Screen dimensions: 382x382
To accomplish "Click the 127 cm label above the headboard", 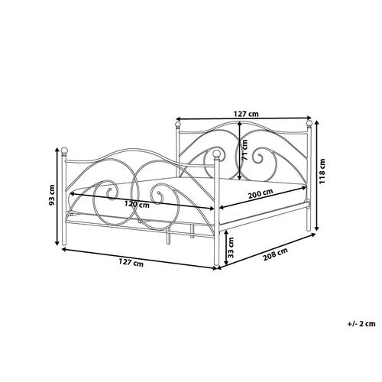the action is coord(246,114).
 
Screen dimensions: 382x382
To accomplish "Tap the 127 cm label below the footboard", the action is coord(131,263).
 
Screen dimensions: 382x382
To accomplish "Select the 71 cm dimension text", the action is coord(244,151).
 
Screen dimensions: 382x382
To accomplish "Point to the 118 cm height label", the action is coord(322,171).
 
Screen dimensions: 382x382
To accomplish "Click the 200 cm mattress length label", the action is coord(261,194).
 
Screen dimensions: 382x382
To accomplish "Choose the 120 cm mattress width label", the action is coord(137,204).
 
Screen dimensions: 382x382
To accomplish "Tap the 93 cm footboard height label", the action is coord(52,195).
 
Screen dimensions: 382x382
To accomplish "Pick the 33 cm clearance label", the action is coord(231,248).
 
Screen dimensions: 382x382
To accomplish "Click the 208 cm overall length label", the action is coord(275,254).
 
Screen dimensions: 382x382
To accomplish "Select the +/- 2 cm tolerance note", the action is coord(361,324).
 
